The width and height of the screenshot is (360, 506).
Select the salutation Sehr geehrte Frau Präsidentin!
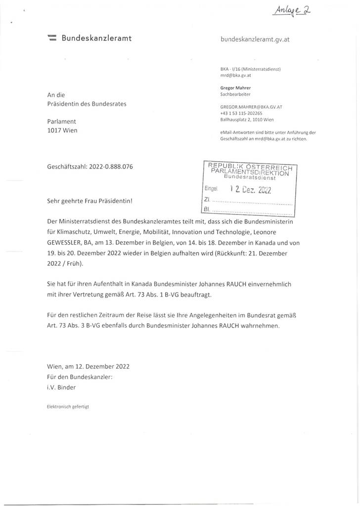point(90,201)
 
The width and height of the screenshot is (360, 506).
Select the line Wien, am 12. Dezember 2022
point(88,367)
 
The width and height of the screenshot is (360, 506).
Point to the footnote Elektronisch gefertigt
point(68,406)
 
